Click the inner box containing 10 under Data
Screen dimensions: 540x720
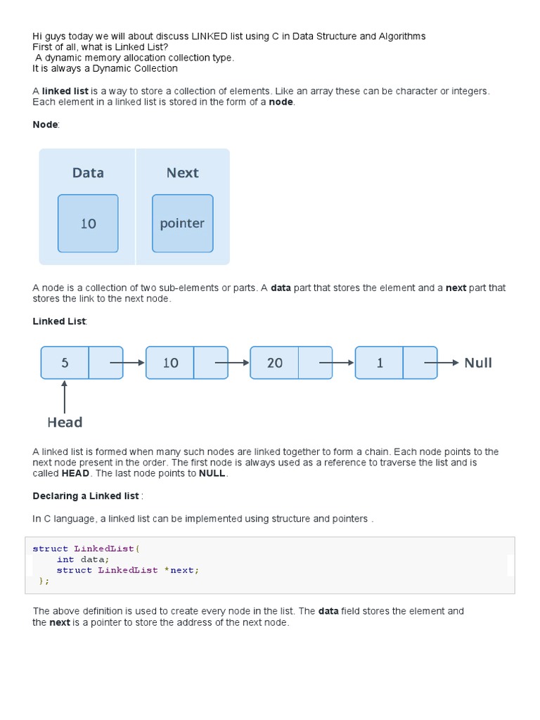(x=88, y=224)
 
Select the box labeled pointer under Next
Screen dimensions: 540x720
(x=182, y=224)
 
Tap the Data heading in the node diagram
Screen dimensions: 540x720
(x=88, y=173)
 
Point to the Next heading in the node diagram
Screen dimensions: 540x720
(x=182, y=173)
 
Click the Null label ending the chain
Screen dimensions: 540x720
(x=478, y=363)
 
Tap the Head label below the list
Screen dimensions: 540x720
(x=65, y=422)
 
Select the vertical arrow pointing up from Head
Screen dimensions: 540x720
(x=65, y=397)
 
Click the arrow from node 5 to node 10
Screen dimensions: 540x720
(x=127, y=363)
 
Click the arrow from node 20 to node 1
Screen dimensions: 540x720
(x=336, y=363)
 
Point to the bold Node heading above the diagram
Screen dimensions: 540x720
(x=46, y=124)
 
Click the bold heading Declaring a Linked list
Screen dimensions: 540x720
(x=86, y=496)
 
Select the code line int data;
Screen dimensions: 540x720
(x=83, y=560)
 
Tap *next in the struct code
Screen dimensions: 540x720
(x=181, y=570)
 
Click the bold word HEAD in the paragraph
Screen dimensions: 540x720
(x=75, y=473)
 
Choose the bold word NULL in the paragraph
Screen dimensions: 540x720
(x=212, y=473)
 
